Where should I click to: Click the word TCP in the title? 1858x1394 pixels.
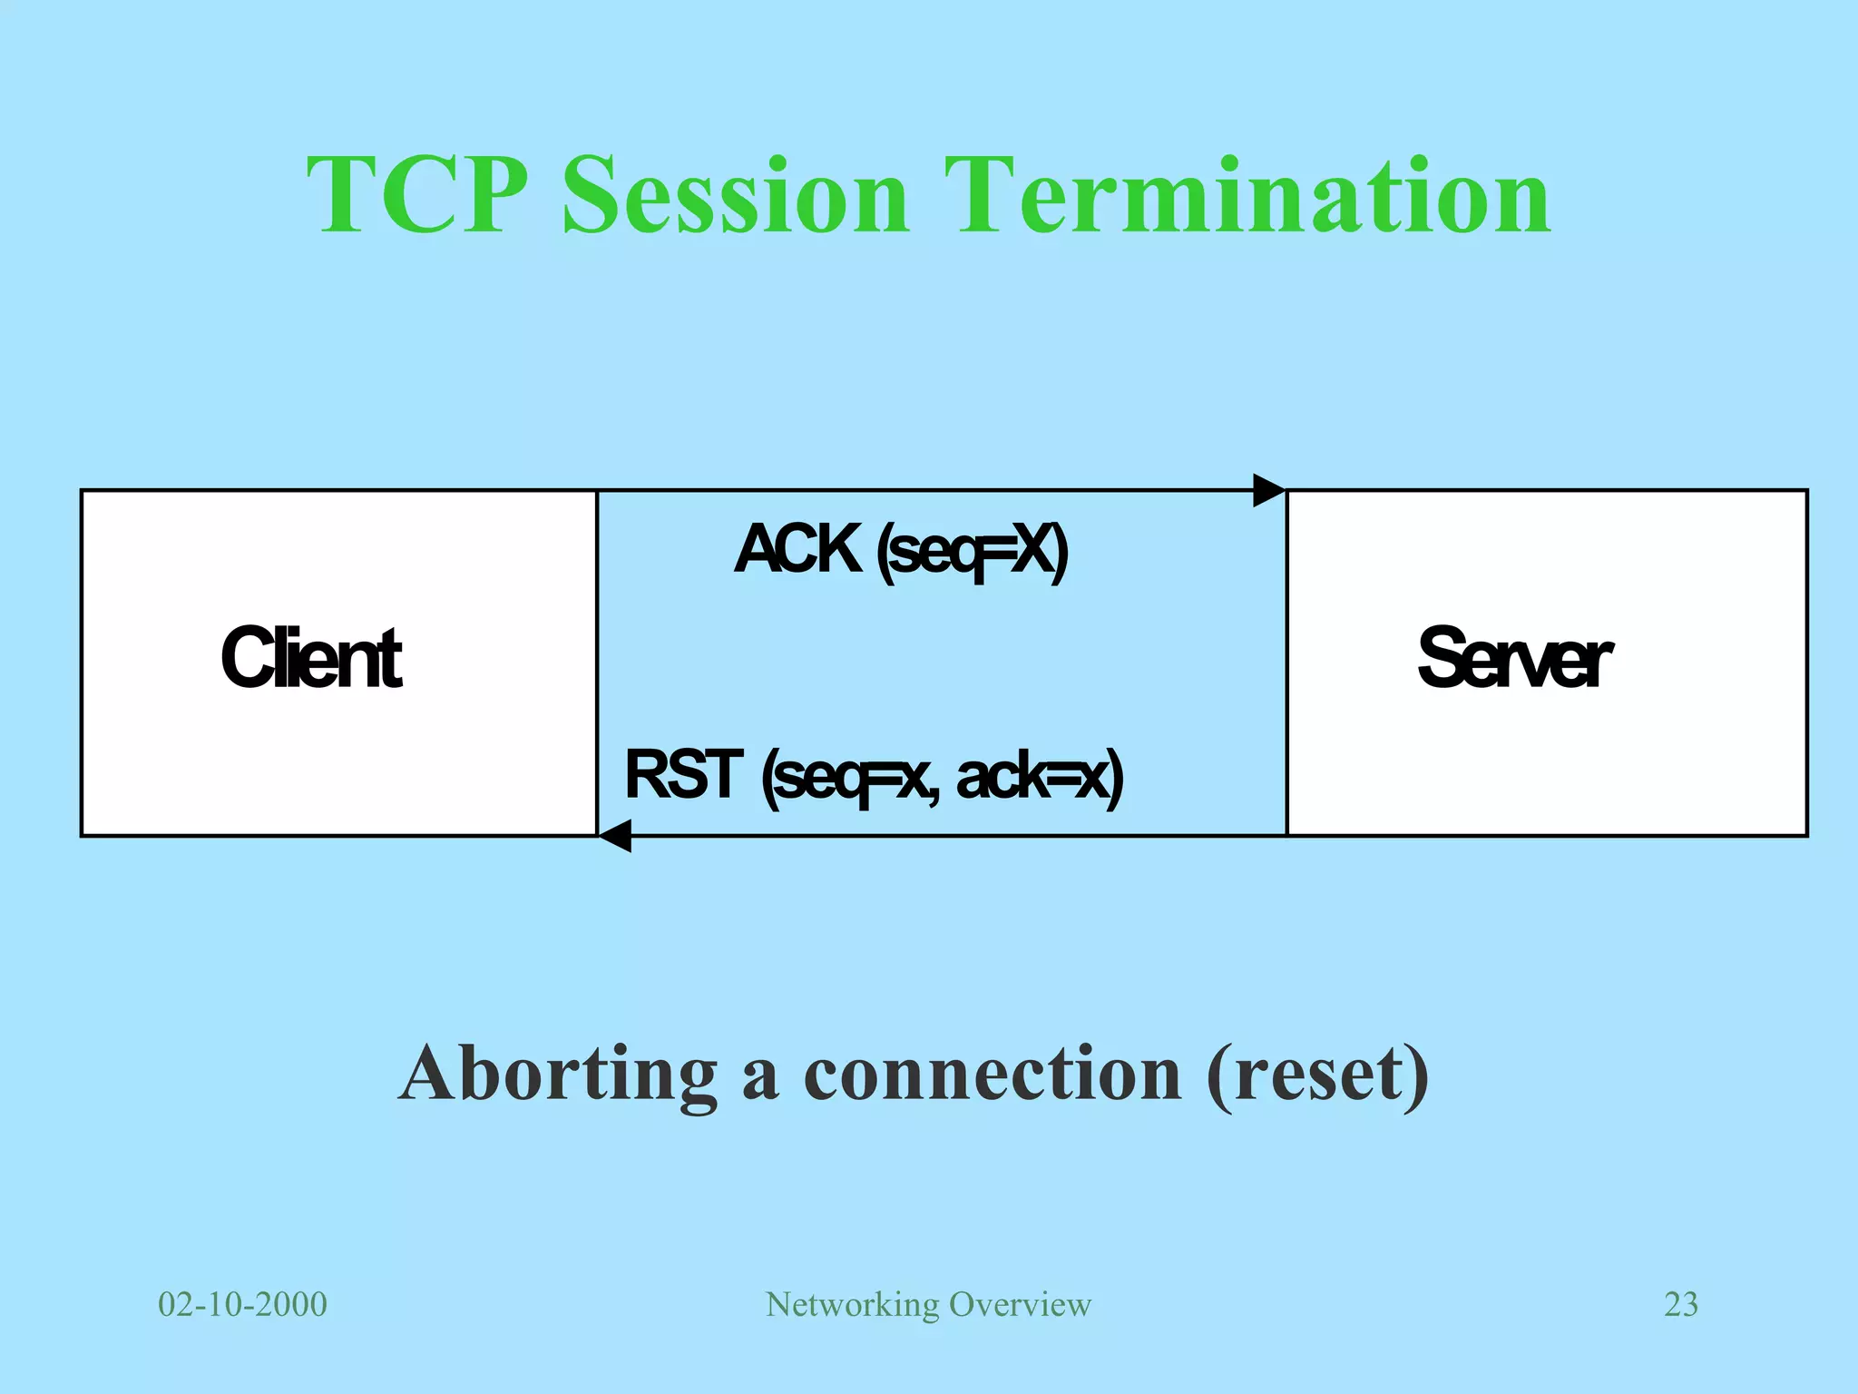(x=417, y=195)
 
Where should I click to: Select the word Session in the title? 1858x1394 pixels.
(x=735, y=195)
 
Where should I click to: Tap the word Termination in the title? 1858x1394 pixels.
(x=1247, y=195)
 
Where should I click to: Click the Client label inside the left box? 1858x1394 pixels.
(x=311, y=659)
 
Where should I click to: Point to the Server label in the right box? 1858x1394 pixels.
(x=1513, y=659)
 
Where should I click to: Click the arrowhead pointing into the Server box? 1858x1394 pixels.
(x=1268, y=490)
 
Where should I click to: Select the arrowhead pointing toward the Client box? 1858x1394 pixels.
(x=616, y=835)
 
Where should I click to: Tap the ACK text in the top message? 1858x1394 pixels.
(x=797, y=549)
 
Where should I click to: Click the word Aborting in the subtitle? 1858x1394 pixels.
(x=558, y=1074)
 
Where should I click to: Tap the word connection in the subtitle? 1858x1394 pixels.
(x=993, y=1074)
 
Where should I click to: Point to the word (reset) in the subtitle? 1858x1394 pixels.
(x=1317, y=1074)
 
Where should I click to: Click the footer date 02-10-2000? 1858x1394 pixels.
(x=242, y=1304)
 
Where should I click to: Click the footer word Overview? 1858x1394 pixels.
(x=1020, y=1304)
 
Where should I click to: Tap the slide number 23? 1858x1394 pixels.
(x=1680, y=1304)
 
